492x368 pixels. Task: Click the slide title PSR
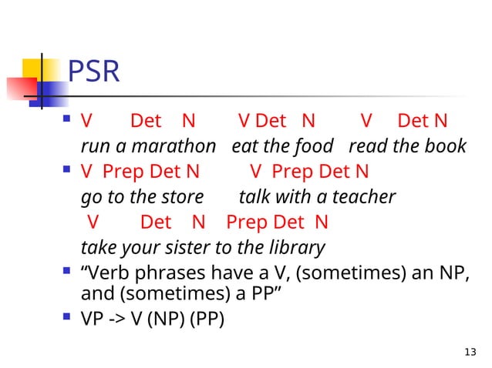(94, 72)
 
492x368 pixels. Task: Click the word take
(96, 248)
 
